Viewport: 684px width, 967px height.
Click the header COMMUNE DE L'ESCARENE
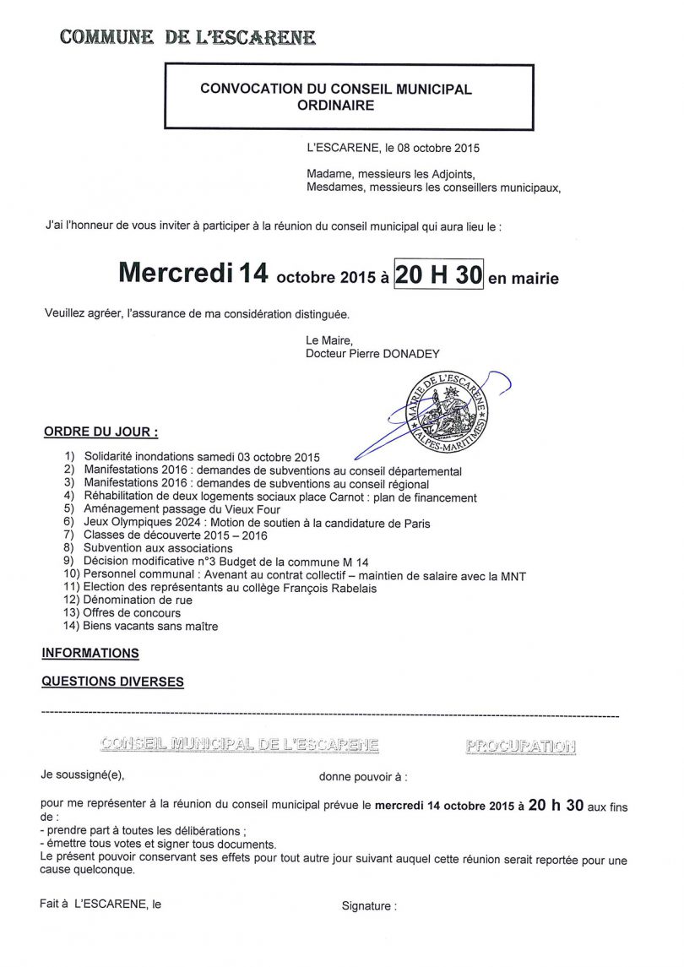click(x=188, y=37)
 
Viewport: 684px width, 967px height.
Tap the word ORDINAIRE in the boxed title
click(x=335, y=106)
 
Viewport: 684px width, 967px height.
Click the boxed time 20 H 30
click(x=438, y=274)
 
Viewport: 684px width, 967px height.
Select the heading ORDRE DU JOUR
click(x=100, y=432)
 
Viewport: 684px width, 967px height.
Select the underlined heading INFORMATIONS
click(x=90, y=654)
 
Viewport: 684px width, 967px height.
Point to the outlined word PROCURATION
click(x=520, y=747)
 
